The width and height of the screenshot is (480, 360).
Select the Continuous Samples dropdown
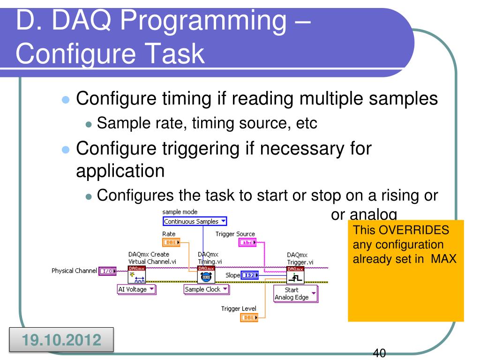[195, 221]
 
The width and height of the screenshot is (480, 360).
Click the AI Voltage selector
[136, 289]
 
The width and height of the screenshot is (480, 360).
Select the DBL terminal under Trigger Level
[248, 317]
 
